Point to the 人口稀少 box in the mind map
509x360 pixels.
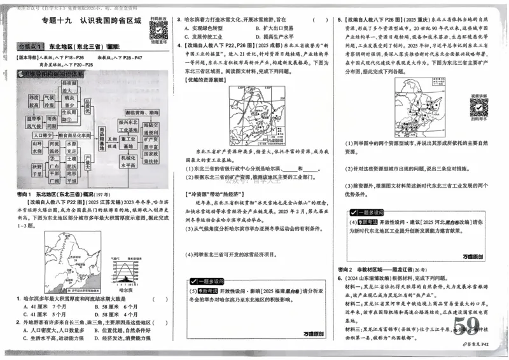tap(43, 135)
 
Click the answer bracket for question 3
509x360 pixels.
tap(317, 20)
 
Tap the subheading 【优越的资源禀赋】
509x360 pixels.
tap(203, 81)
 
